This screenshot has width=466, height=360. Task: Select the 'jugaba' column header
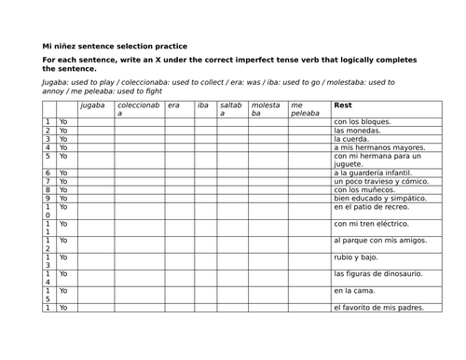93,105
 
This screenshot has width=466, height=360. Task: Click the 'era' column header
173,105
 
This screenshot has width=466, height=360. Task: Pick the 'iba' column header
203,105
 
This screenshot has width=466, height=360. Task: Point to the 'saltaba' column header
230,109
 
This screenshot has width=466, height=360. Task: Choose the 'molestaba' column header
266,109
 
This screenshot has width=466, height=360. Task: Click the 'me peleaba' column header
303,109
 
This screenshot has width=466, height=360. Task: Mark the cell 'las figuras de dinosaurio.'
377,273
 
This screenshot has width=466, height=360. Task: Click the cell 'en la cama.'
352,291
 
